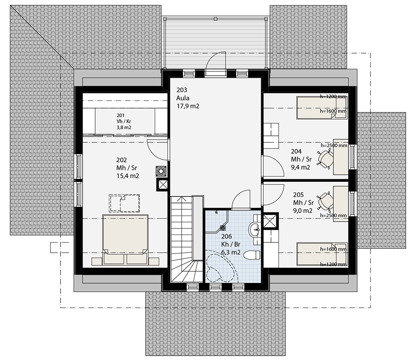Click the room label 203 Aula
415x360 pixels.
click(x=183, y=94)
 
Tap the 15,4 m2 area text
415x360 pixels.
click(x=128, y=176)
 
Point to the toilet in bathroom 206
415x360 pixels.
click(x=252, y=255)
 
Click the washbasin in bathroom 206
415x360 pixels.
click(x=255, y=228)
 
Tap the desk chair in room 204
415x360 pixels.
click(x=325, y=158)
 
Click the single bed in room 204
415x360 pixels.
click(x=322, y=108)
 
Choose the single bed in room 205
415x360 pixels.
click(x=322, y=254)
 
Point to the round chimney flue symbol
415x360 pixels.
click(x=161, y=171)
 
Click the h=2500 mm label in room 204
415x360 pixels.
click(x=334, y=145)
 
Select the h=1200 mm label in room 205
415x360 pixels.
click(x=333, y=264)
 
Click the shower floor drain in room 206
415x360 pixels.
click(x=223, y=227)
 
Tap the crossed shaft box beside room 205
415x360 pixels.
click(x=270, y=220)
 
